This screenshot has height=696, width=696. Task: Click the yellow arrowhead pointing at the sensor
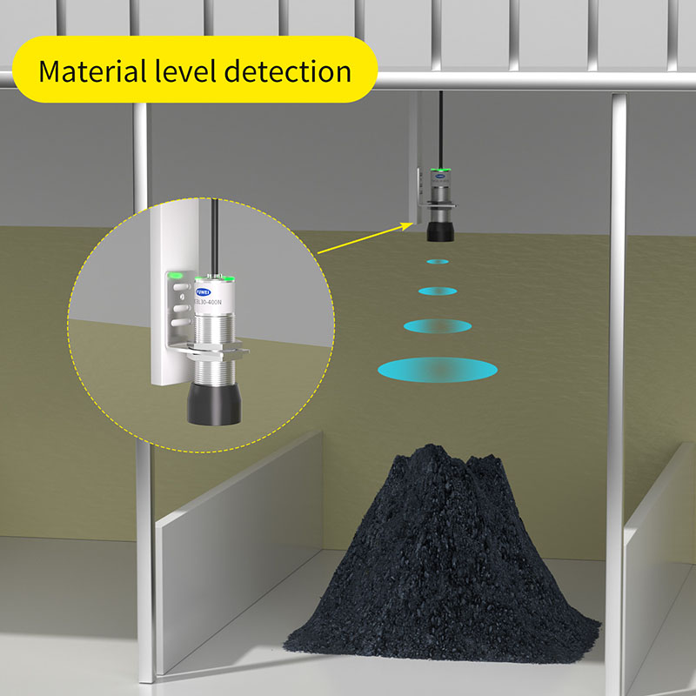(x=407, y=224)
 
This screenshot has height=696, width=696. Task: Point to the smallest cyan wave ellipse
(x=437, y=261)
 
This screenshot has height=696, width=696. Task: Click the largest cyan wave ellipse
(x=438, y=369)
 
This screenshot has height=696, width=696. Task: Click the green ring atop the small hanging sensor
(x=437, y=171)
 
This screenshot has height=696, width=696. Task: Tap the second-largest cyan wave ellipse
(x=437, y=325)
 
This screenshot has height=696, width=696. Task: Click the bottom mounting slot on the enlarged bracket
(x=178, y=323)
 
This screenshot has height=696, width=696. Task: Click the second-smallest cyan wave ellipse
(x=437, y=291)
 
